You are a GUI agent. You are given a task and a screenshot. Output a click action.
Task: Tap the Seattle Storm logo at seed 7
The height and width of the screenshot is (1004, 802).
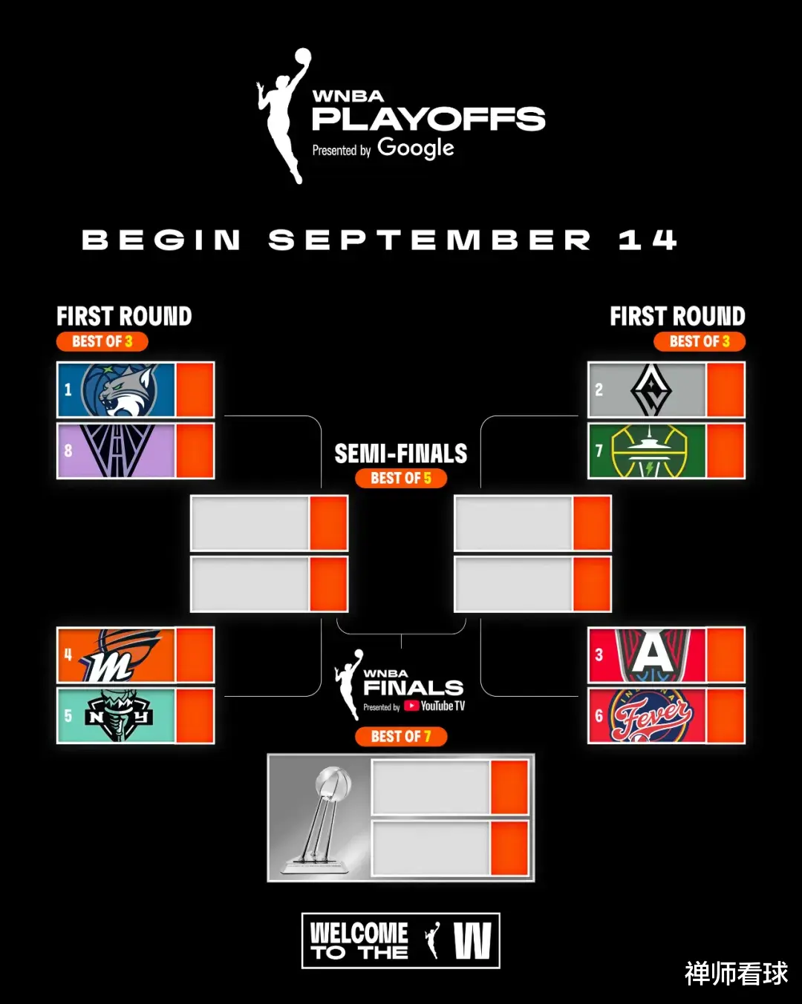click(x=650, y=450)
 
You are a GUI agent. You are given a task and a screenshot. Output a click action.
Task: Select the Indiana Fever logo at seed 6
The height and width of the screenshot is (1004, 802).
click(x=652, y=715)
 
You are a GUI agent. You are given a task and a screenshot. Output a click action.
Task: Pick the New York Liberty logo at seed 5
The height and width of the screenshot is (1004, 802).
click(x=119, y=715)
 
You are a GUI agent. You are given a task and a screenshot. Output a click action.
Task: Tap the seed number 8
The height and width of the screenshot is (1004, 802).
click(x=68, y=450)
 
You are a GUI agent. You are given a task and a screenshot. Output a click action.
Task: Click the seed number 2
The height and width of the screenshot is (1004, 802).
click(x=599, y=390)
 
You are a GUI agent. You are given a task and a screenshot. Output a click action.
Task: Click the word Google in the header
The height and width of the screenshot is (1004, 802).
click(x=415, y=148)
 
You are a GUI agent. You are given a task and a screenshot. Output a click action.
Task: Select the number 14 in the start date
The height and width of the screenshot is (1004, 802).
click(x=648, y=240)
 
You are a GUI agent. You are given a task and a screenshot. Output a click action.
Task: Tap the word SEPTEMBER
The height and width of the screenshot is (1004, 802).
click(x=429, y=240)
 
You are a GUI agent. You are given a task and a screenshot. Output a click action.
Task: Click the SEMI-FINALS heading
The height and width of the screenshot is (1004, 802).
click(x=401, y=453)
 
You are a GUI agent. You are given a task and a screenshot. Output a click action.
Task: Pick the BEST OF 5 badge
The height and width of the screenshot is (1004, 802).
click(x=401, y=478)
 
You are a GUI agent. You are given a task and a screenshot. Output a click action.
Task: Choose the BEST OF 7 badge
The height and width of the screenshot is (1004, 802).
click(x=401, y=737)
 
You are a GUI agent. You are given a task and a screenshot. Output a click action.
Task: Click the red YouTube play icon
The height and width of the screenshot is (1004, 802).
click(x=411, y=706)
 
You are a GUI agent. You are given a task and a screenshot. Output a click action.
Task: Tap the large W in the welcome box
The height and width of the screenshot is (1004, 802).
click(x=472, y=941)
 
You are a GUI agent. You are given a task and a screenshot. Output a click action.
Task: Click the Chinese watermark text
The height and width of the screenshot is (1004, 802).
click(x=736, y=974)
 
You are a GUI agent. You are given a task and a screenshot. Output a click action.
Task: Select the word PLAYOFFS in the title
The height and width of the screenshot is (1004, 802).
click(x=428, y=119)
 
